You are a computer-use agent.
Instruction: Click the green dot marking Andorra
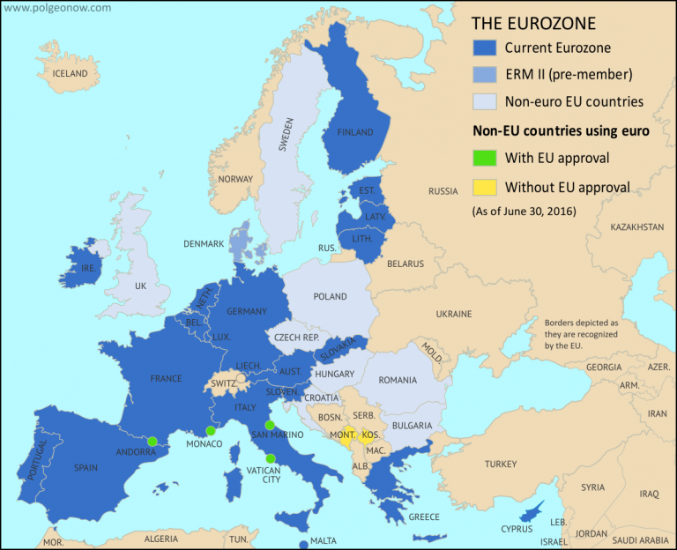[153, 441]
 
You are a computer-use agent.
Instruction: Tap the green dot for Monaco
[210, 431]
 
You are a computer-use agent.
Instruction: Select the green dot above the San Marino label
[270, 425]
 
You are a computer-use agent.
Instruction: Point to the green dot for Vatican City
[270, 457]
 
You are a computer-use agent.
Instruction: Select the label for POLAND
[331, 297]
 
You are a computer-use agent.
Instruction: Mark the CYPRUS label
[517, 529]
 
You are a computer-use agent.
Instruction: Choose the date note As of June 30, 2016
[518, 211]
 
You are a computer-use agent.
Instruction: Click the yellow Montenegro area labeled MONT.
[346, 435]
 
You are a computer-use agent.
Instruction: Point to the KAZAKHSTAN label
[636, 227]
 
